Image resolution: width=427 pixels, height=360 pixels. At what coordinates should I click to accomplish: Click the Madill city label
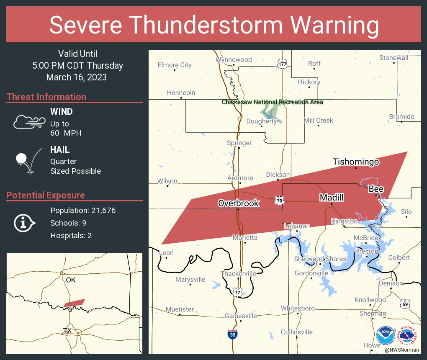[x=332, y=198]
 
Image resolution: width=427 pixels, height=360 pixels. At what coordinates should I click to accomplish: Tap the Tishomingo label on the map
[x=356, y=162]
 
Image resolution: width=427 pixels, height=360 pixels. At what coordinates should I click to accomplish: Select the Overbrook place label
[x=238, y=203]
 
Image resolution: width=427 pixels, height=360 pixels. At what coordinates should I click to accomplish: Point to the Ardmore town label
[x=240, y=178]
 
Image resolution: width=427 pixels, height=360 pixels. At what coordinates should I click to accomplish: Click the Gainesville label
[x=241, y=316]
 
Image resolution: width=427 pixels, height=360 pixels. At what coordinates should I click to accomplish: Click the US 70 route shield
[x=279, y=201]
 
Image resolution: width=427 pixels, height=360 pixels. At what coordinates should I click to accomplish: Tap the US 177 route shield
[x=283, y=64]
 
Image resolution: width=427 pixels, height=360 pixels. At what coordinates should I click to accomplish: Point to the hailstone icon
[x=22, y=159]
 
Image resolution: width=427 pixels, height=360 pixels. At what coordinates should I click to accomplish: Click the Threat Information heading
[x=46, y=97]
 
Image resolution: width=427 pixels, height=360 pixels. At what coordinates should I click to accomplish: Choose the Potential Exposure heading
[x=46, y=195]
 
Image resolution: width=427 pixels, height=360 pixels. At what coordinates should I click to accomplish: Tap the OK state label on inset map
[x=71, y=280]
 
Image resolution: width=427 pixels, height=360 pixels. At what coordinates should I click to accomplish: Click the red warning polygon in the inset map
[x=75, y=302]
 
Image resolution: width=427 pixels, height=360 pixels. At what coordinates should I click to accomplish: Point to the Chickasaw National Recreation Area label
[x=272, y=102]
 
